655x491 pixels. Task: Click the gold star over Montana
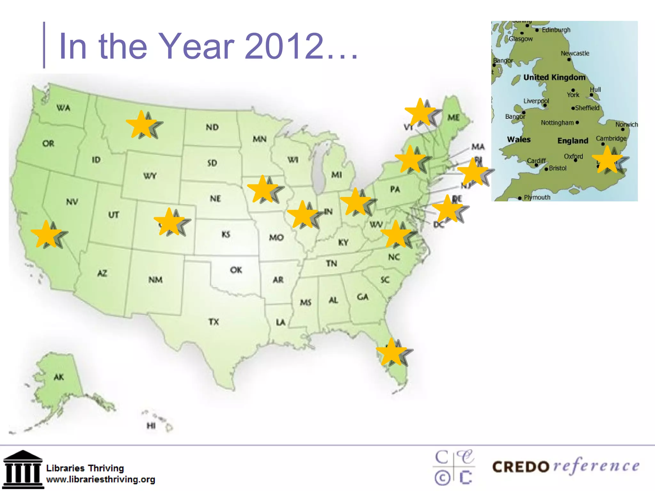coord(141,125)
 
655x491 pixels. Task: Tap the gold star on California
coord(46,235)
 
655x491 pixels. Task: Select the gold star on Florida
coord(391,353)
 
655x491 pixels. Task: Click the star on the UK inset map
coord(607,160)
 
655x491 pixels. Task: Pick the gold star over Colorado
coord(169,222)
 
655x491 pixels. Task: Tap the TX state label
coord(214,322)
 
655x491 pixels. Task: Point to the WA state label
coord(63,108)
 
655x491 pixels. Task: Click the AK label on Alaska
coord(59,377)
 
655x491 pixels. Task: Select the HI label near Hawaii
coord(151,425)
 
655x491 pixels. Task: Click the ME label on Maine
coord(454,118)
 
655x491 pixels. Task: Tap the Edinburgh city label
coord(556,30)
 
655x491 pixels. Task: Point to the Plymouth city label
coord(537,197)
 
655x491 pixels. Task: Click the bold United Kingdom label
coord(554,77)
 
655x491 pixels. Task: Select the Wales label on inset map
coord(518,139)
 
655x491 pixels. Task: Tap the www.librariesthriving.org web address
coord(100,479)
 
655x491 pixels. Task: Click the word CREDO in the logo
coord(521,467)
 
